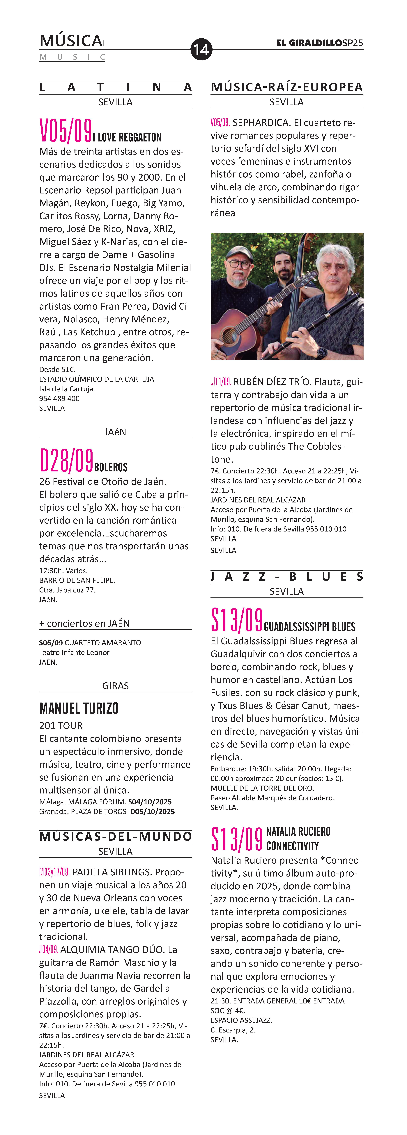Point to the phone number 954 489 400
[60, 398]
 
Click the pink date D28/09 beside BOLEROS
[66, 461]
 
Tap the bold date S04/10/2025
[150, 802]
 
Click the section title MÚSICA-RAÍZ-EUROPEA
[287, 87]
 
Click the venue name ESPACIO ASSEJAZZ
[241, 1020]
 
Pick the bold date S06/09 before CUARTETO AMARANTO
[51, 643]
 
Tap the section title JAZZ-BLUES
[287, 577]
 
